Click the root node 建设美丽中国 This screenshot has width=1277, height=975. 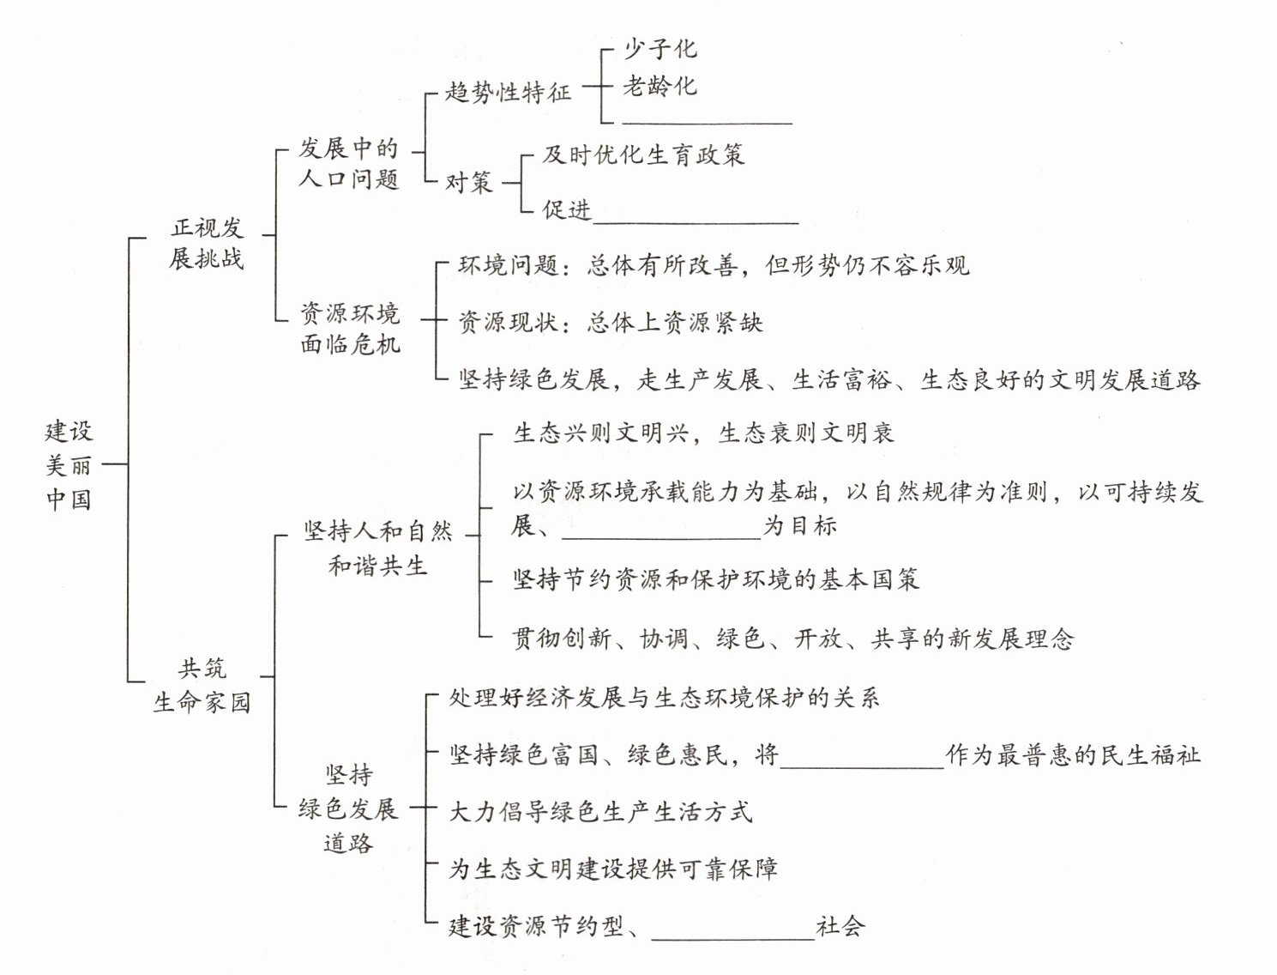69,464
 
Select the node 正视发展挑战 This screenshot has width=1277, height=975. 207,243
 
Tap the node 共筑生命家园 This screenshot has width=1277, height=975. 202,685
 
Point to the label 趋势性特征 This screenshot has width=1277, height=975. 508,92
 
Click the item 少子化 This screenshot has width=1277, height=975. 660,49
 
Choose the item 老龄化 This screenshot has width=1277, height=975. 660,86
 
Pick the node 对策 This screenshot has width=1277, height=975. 468,182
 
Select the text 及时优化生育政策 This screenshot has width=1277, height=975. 643,155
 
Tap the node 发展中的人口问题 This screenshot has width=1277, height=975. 349,163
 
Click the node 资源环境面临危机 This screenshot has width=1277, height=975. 350,329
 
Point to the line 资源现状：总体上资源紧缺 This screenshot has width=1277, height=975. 610,323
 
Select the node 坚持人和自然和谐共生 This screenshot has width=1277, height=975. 378,548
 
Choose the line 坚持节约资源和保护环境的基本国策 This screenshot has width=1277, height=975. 716,579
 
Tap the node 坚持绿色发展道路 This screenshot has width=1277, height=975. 348,808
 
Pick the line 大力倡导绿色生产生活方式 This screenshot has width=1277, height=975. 600,811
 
